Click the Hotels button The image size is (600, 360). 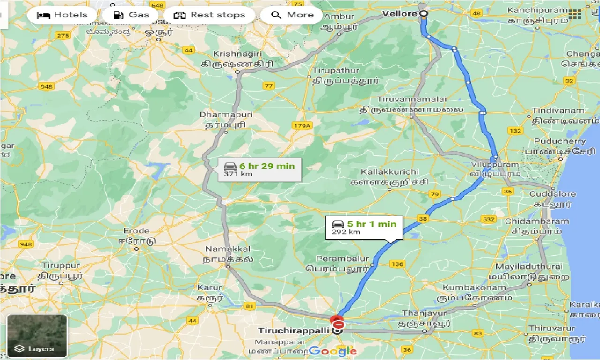(x=62, y=15)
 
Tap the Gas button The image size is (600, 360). (x=132, y=15)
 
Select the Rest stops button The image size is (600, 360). (x=209, y=15)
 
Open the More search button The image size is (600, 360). (x=292, y=15)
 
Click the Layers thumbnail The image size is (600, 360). (x=37, y=336)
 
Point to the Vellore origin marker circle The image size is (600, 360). (x=424, y=14)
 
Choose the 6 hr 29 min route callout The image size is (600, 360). (x=260, y=169)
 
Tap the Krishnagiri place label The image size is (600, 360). (x=236, y=54)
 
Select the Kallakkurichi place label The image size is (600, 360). (x=390, y=172)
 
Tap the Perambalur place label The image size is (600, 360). (x=343, y=259)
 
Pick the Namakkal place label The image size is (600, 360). (x=228, y=249)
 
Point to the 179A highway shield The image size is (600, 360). (x=300, y=126)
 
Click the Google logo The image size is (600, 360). (x=332, y=351)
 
